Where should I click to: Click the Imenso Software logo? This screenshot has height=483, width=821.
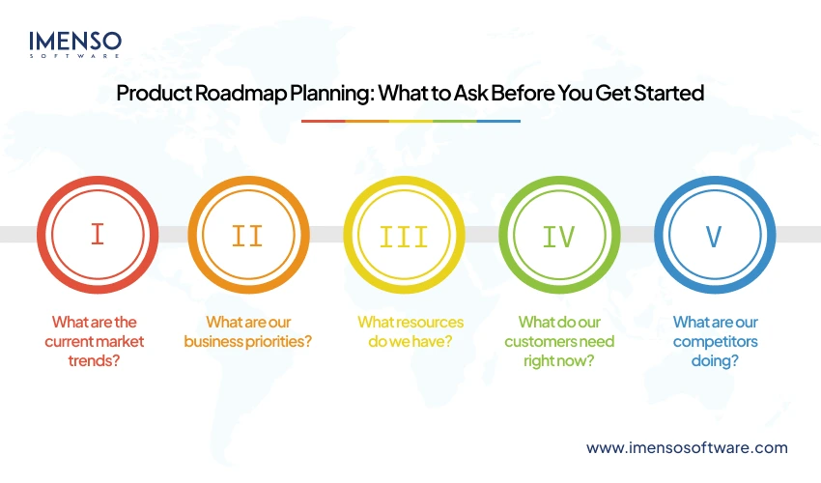(x=75, y=43)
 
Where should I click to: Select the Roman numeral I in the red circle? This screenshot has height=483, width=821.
(x=97, y=235)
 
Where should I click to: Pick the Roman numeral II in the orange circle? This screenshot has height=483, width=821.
(x=248, y=235)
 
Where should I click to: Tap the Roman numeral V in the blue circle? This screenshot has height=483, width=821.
(x=715, y=235)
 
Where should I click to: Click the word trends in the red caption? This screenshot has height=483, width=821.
(x=97, y=360)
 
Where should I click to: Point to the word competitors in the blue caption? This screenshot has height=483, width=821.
(x=716, y=341)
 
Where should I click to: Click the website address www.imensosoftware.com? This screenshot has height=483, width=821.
(x=687, y=447)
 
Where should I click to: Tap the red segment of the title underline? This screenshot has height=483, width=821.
(x=323, y=121)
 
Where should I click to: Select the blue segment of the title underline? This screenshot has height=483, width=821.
(x=498, y=121)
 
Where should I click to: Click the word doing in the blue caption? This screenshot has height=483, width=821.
(x=715, y=360)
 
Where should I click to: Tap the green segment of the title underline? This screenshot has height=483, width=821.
(x=455, y=121)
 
